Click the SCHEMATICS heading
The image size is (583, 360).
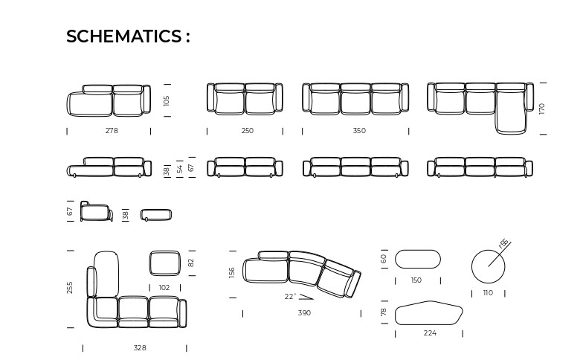click(x=128, y=36)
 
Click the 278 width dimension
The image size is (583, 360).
click(x=112, y=131)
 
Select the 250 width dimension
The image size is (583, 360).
click(x=247, y=131)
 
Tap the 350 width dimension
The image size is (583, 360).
click(x=359, y=131)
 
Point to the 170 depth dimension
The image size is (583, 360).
click(x=541, y=109)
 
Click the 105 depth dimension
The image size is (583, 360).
click(x=167, y=101)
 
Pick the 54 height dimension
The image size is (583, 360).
click(x=180, y=169)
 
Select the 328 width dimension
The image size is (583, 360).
click(x=140, y=348)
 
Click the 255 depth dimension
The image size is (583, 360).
click(x=70, y=287)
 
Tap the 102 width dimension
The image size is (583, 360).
click(x=164, y=287)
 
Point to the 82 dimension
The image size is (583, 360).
click(x=191, y=263)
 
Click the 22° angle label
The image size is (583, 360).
click(x=291, y=296)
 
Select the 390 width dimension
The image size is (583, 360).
click(x=304, y=312)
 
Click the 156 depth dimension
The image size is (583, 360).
click(x=232, y=272)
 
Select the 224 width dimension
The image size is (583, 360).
click(x=430, y=333)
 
